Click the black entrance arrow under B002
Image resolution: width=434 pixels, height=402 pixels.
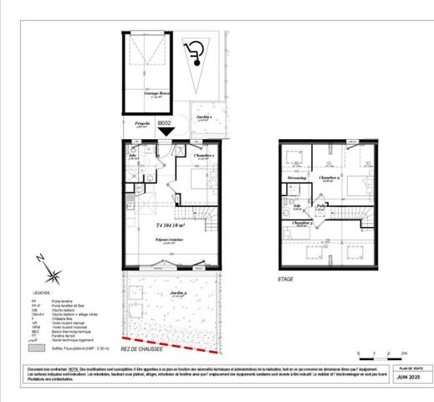[166, 130]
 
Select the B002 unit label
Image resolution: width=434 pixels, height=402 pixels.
[166, 121]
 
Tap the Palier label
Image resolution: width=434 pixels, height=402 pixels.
[322, 206]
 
